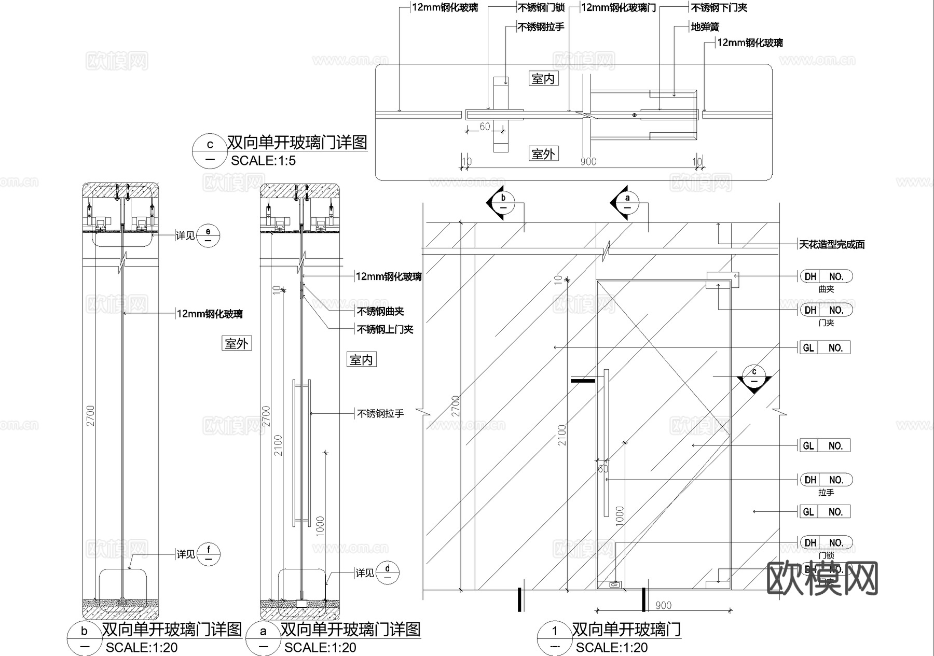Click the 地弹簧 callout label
(705, 27)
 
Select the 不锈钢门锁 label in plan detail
(541, 8)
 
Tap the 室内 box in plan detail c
(543, 79)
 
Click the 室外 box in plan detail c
(543, 154)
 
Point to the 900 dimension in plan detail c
(588, 161)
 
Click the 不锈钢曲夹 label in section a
(380, 311)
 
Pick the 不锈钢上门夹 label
(385, 329)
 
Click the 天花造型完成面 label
(831, 244)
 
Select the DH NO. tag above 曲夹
(826, 276)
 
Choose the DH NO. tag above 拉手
(826, 480)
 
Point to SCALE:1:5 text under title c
(263, 161)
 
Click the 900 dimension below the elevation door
(663, 605)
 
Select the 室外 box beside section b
(236, 343)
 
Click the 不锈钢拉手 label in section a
(380, 414)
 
